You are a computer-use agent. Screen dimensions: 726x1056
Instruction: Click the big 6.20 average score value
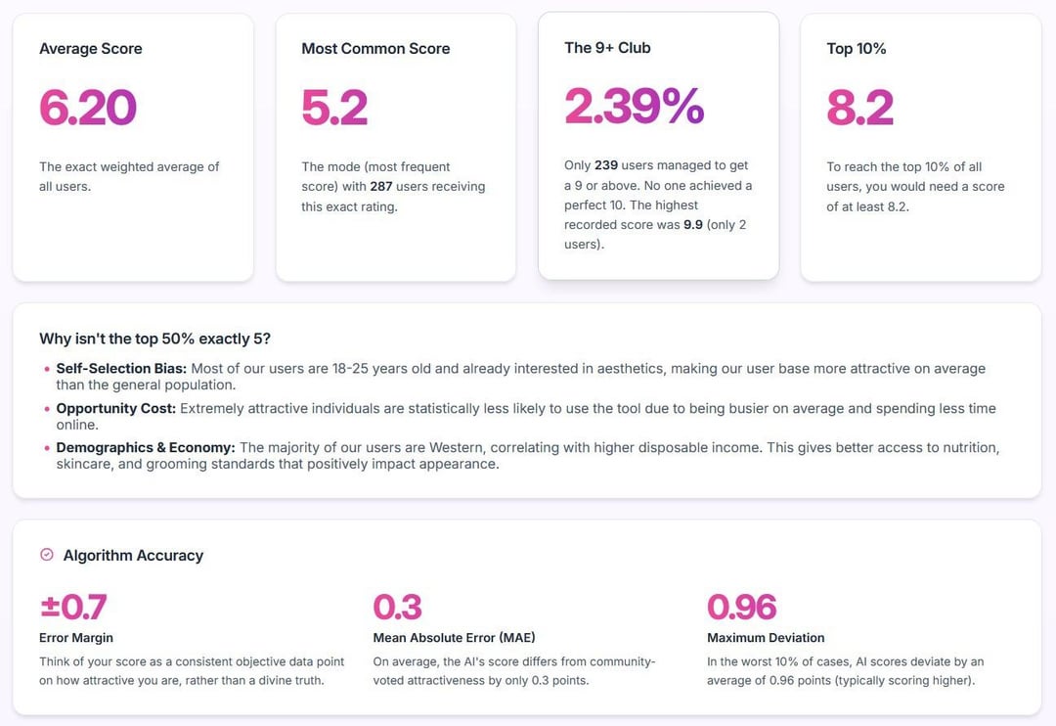click(x=88, y=108)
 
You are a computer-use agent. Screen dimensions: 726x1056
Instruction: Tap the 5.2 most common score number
click(x=334, y=108)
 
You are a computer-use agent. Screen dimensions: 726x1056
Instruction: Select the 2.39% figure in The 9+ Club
click(x=634, y=106)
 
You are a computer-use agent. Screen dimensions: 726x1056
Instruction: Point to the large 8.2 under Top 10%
click(x=859, y=108)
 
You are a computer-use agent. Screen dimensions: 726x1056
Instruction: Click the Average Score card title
click(x=91, y=49)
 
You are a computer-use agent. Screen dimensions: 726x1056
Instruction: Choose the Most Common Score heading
click(x=375, y=49)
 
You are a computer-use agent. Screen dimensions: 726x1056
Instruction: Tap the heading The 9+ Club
click(x=607, y=48)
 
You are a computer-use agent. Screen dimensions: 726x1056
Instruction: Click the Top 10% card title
click(x=857, y=49)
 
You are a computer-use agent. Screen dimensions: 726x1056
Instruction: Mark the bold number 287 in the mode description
click(x=381, y=187)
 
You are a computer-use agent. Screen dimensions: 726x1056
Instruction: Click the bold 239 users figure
click(x=606, y=165)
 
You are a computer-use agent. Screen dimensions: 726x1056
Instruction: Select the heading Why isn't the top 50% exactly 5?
click(x=154, y=339)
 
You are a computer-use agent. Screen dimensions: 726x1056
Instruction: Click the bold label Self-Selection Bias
click(x=121, y=369)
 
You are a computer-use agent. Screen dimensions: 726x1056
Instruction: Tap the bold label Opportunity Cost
click(x=115, y=408)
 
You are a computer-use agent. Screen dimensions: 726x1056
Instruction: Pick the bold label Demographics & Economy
click(x=146, y=448)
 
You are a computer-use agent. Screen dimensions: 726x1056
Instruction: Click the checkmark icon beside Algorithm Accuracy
click(x=46, y=555)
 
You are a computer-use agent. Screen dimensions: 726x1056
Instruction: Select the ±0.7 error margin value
click(x=73, y=608)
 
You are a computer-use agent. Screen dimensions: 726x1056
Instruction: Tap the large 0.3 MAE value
click(x=397, y=608)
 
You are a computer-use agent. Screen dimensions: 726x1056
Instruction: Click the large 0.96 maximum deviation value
click(x=741, y=608)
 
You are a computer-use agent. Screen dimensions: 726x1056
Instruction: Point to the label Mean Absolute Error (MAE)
click(x=454, y=638)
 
